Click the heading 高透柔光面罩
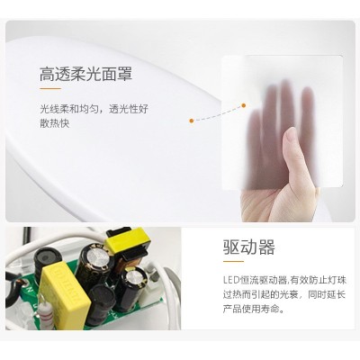pyautogui.click(x=86, y=75)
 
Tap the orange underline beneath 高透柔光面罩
pyautogui.click(x=50, y=88)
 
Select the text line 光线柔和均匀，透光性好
pyautogui.click(x=94, y=109)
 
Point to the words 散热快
pyautogui.click(x=55, y=123)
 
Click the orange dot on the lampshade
pyautogui.click(x=192, y=121)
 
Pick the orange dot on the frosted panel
pyautogui.click(x=244, y=105)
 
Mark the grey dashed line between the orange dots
pyautogui.click(x=218, y=114)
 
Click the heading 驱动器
pyautogui.click(x=249, y=247)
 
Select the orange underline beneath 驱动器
pyautogui.click(x=233, y=261)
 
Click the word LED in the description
pyautogui.click(x=230, y=281)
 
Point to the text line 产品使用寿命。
pyautogui.click(x=254, y=309)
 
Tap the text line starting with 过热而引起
pyautogui.click(x=284, y=294)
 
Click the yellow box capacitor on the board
pyautogui.click(x=66, y=287)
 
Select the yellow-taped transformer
pyautogui.click(x=127, y=242)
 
